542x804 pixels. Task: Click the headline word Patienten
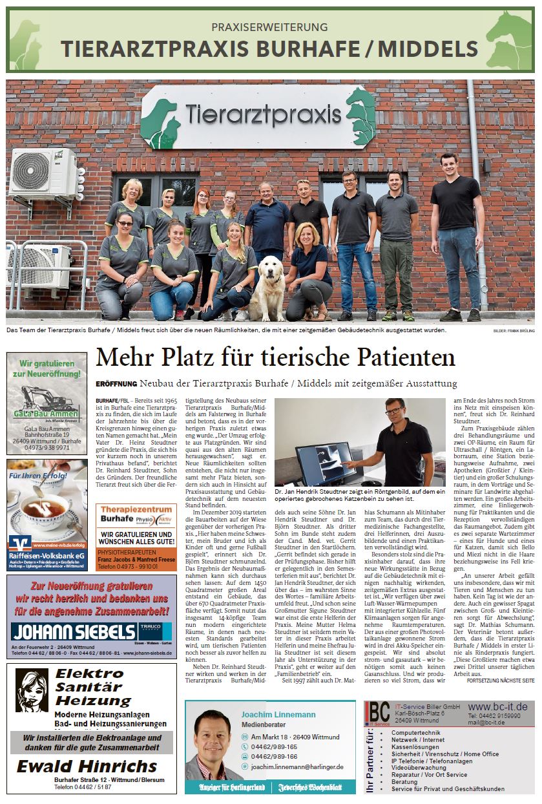coord(399,357)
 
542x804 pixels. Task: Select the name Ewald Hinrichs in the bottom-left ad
coord(87,767)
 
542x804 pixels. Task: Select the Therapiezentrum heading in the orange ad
coord(126,509)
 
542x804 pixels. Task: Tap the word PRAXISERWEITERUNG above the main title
coord(270,27)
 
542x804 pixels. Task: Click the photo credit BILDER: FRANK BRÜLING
coord(509,332)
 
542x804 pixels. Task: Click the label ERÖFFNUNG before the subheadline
coord(116,384)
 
